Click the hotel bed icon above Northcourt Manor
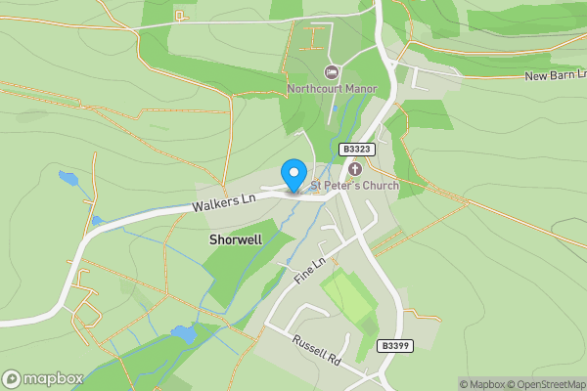pyautogui.click(x=331, y=72)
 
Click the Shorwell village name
pyautogui.click(x=235, y=239)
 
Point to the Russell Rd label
pyautogui.click(x=315, y=348)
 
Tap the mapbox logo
pyautogui.click(x=39, y=379)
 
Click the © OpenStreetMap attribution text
pyautogui.click(x=544, y=384)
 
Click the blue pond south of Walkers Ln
pyautogui.click(x=183, y=333)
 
